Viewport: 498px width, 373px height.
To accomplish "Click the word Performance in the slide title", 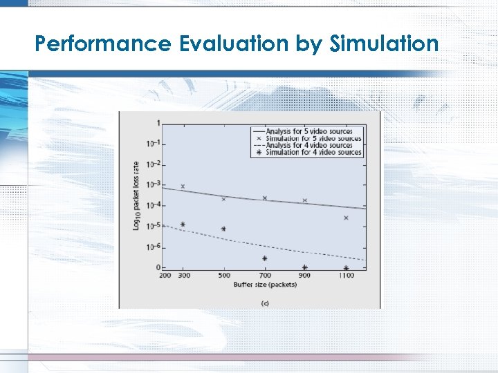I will click(102, 44).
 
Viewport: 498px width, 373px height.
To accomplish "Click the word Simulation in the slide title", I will click(385, 44).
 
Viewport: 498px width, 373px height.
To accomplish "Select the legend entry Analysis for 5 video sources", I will click(308, 131).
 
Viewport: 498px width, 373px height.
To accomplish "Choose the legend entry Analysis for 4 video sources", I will click(308, 145).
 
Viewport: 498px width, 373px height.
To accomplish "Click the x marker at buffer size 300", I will click(183, 186).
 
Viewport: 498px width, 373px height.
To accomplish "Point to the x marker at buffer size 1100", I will click(346, 218).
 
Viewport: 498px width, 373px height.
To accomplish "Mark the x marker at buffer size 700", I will click(264, 198).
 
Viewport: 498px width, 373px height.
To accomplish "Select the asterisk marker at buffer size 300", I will click(183, 224).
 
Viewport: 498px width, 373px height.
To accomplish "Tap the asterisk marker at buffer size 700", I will click(264, 258).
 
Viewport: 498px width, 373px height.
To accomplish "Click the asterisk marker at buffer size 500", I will click(223, 229).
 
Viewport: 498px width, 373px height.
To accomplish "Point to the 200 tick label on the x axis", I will click(165, 276).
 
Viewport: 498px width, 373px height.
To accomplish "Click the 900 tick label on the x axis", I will click(305, 276).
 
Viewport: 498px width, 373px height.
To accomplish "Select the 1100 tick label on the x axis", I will click(346, 276).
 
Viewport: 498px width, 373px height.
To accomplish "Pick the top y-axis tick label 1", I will click(158, 124).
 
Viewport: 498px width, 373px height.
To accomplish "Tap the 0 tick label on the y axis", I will click(158, 268).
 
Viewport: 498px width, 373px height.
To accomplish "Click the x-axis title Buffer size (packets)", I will click(265, 285).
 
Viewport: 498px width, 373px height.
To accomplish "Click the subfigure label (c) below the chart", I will click(265, 303).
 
